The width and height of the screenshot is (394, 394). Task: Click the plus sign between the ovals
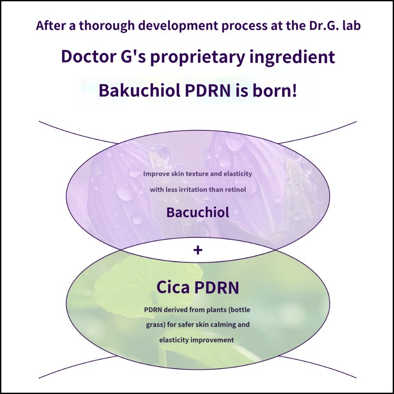197,250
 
